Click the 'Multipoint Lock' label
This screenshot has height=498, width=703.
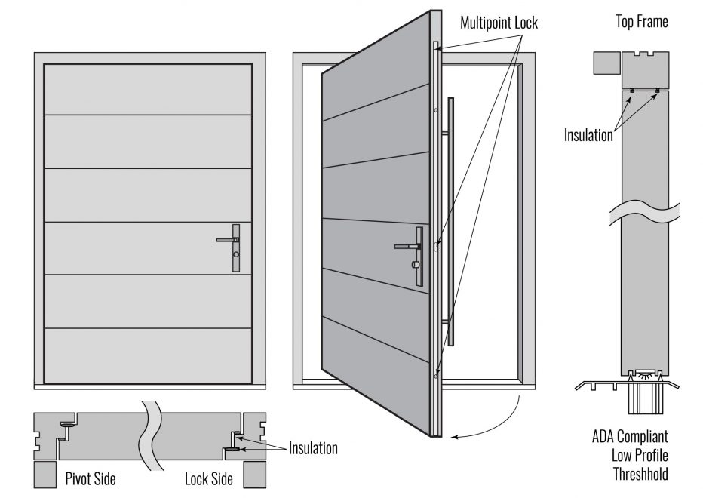(x=499, y=23)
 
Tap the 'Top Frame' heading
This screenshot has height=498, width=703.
(x=641, y=22)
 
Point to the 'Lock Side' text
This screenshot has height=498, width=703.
(x=208, y=478)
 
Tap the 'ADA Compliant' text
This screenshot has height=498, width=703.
(x=630, y=436)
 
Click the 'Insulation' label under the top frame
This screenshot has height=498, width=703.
(x=588, y=136)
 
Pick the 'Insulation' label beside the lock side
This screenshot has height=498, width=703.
(x=313, y=448)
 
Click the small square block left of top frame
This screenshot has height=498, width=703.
(x=606, y=63)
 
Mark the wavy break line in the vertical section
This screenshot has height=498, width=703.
(x=646, y=211)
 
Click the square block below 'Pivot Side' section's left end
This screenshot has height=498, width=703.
(x=45, y=475)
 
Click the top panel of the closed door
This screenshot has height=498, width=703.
(x=148, y=90)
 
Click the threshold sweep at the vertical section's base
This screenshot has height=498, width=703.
(x=646, y=374)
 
